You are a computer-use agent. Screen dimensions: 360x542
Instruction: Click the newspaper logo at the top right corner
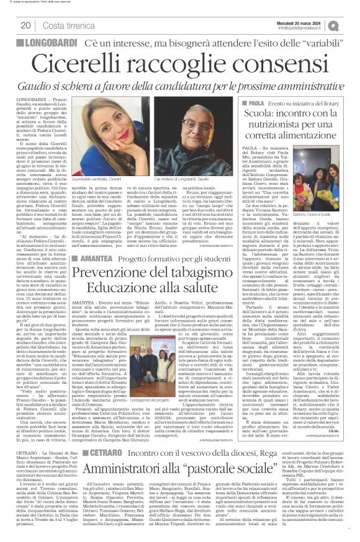coord(352,25)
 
